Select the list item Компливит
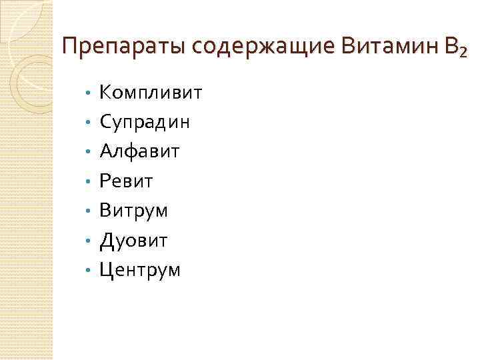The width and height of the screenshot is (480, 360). click(150, 92)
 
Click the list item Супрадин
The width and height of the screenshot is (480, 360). click(145, 122)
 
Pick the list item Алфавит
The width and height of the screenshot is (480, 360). click(139, 151)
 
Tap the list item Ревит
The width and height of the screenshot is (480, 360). click(127, 181)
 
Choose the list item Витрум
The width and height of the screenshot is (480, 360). click(133, 211)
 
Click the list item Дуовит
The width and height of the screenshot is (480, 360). click(133, 240)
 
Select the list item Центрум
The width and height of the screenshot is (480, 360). click(139, 270)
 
